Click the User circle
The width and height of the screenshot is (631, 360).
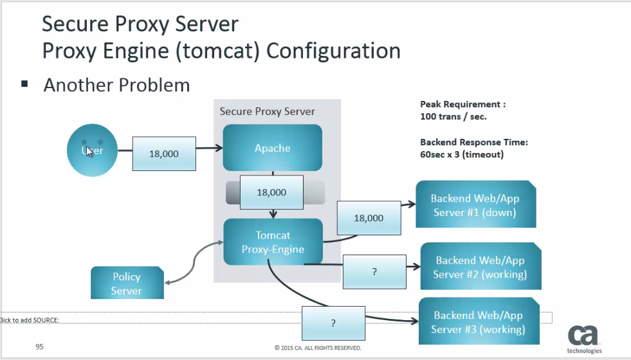93,150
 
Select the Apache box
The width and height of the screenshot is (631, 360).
272,148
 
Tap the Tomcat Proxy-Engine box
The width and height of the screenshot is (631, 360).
273,242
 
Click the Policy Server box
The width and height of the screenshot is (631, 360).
127,283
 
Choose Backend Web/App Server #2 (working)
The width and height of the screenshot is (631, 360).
480,267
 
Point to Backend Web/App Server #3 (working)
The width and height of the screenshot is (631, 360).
479,322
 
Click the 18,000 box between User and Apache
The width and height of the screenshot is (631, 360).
164,154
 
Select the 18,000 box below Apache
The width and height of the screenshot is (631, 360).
271,192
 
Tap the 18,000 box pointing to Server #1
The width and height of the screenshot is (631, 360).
369,218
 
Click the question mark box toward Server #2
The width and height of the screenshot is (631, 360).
374,271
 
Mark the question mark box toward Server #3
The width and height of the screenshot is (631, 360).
333,323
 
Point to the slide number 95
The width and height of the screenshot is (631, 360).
39,346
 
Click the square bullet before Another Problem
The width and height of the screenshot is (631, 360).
25,84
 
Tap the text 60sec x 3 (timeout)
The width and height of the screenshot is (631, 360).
461,155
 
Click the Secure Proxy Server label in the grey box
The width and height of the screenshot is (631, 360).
267,111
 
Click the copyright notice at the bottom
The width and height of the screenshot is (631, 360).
317,348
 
